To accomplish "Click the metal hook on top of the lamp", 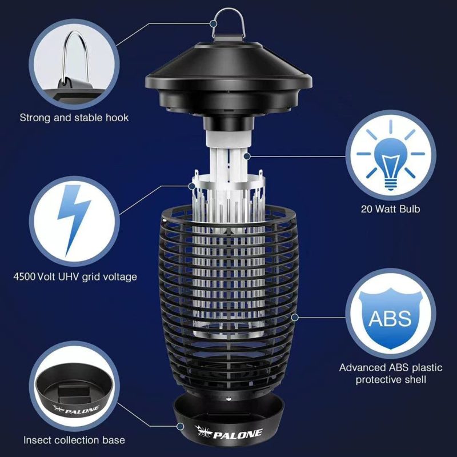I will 227,26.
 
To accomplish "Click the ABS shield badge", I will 390,317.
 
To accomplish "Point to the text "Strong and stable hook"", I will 74,118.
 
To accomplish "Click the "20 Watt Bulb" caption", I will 390,209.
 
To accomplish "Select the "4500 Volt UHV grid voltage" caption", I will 75,277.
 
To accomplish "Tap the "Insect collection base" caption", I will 74,440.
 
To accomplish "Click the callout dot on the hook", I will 213,24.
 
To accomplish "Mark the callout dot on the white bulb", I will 246,154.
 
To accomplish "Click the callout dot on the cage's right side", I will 295,316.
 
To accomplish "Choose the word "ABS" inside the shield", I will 390,318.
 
